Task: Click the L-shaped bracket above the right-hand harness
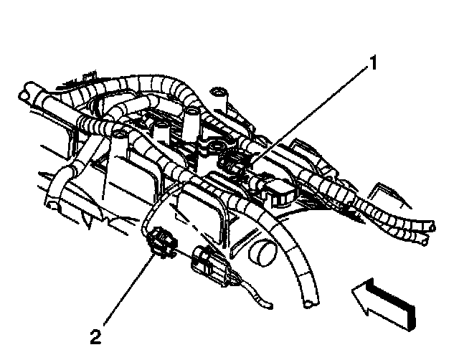click(x=384, y=192)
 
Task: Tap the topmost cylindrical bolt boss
click(x=219, y=94)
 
